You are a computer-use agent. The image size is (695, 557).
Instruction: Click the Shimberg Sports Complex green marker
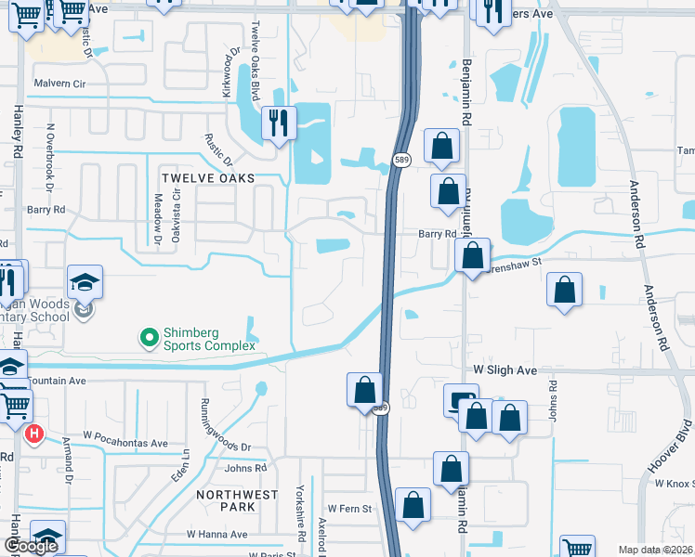coord(147,337)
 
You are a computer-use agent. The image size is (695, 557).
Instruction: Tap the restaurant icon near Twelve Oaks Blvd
coord(279,122)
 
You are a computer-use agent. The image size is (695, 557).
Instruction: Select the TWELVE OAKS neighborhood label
coord(207,177)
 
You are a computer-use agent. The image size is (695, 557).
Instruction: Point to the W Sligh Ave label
coord(505,370)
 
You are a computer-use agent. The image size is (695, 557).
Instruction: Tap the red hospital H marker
coord(34,433)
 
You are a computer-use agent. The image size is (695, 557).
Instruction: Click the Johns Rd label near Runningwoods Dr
coord(245,468)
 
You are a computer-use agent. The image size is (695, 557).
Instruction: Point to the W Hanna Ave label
coord(216,535)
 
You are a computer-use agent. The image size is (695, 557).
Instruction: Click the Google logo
coord(31,547)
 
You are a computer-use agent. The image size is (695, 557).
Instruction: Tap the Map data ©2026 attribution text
coord(656,550)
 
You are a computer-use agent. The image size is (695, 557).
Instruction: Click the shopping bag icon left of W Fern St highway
coord(413,505)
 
